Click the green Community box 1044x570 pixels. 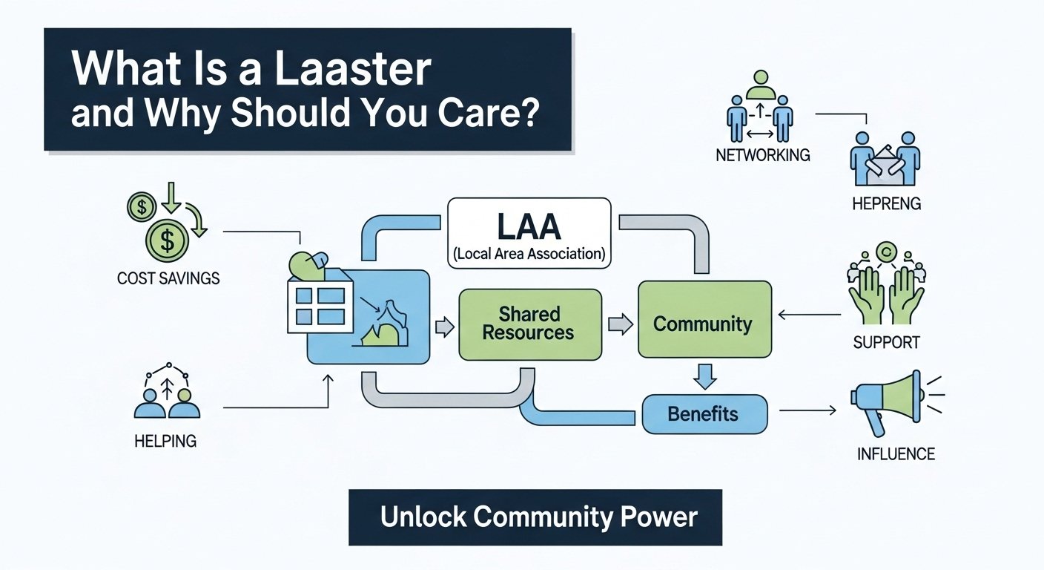tap(704, 324)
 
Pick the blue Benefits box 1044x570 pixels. tap(703, 413)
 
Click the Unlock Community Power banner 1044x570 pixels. tap(535, 517)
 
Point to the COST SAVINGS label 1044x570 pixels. tap(168, 278)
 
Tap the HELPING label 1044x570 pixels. tap(165, 441)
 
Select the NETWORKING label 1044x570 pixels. tap(762, 156)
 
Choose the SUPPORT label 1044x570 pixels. tap(886, 343)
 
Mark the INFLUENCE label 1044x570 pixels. tap(896, 453)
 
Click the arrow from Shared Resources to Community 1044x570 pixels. tap(620, 324)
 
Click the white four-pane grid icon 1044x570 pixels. tap(320, 306)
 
